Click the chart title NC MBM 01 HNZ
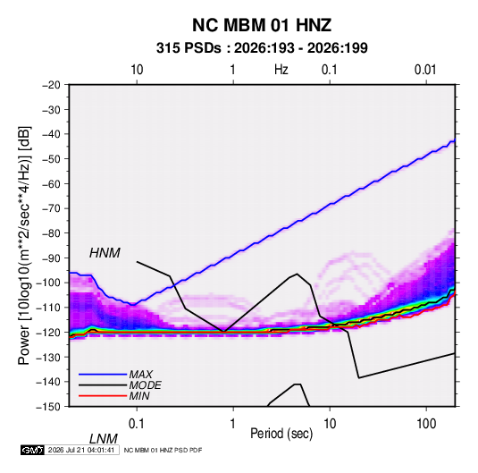262,25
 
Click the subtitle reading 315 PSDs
189,48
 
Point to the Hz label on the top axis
281,70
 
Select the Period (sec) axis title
281,433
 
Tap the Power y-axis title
24,246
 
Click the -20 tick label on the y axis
51,85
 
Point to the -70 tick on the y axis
51,208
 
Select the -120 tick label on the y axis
48,332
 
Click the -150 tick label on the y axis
48,407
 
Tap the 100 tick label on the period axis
426,424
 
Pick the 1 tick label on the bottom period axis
233,424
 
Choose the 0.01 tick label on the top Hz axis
425,70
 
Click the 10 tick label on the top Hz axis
137,70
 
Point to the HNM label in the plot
105,253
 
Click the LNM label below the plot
104,439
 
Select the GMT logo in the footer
32,450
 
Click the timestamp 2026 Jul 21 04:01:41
81,450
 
